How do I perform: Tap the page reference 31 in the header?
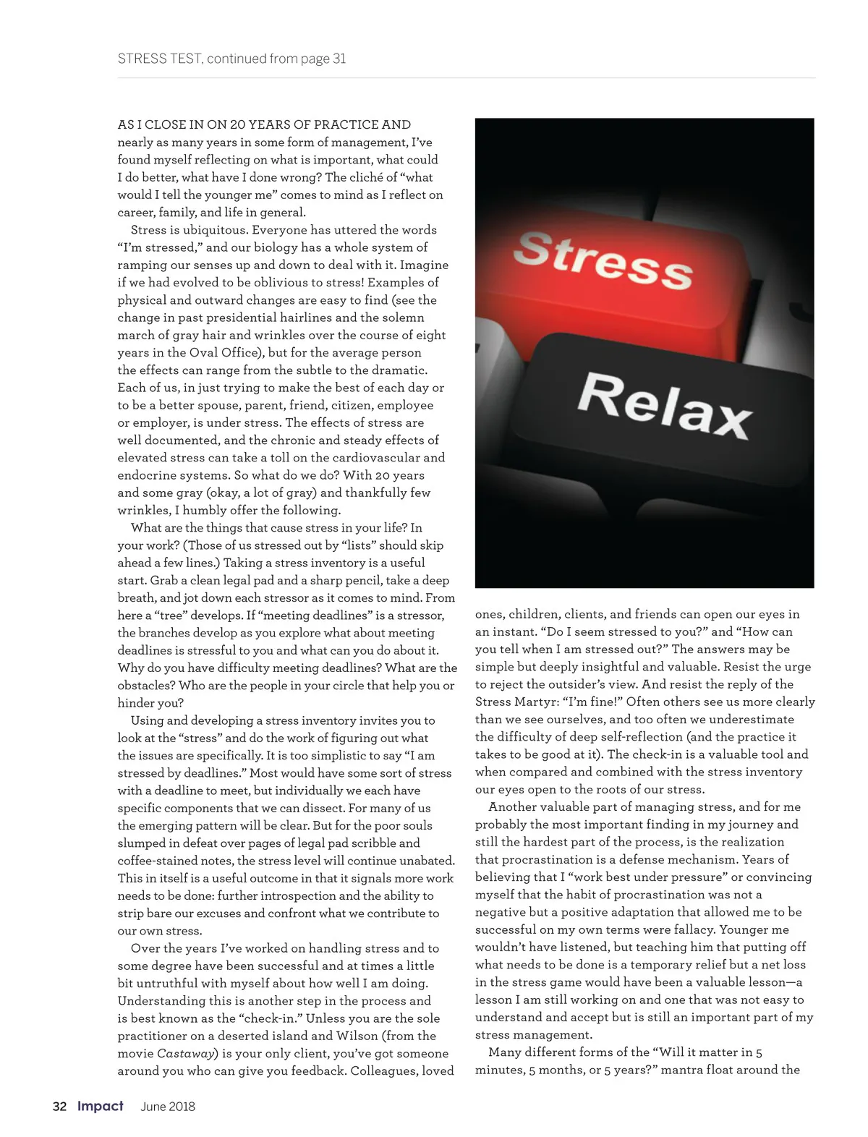(x=339, y=59)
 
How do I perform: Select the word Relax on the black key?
(x=664, y=405)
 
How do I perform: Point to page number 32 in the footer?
(x=59, y=1106)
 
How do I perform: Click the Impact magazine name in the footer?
(x=101, y=1106)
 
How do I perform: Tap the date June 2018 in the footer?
(x=168, y=1106)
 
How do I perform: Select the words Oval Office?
(x=224, y=353)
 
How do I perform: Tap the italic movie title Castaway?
(x=187, y=1054)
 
